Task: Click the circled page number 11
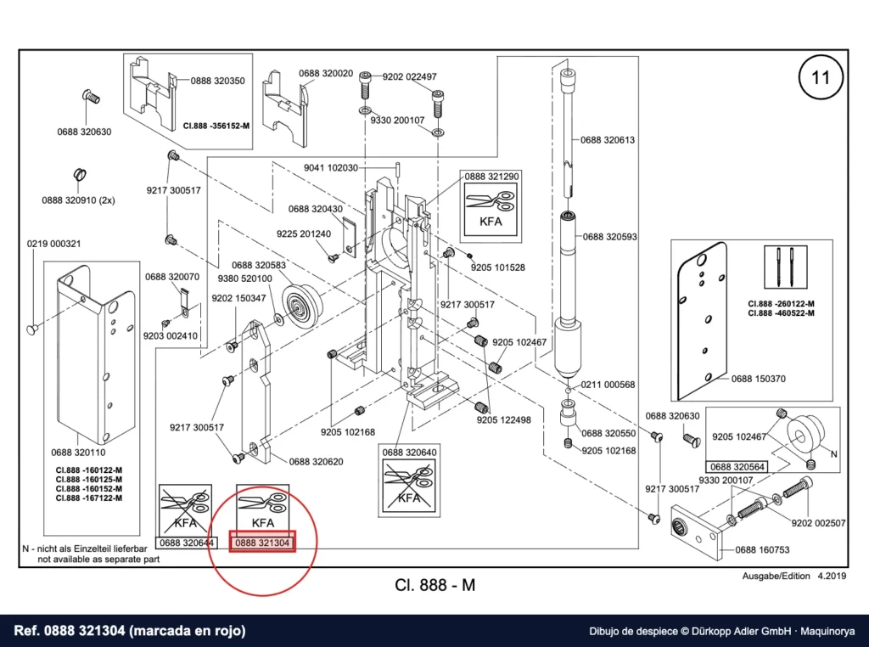point(821,77)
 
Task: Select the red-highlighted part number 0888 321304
point(262,543)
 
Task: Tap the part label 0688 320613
point(608,140)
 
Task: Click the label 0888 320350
point(218,81)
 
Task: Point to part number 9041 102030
point(331,168)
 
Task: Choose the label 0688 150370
point(758,380)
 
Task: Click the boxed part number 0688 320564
point(737,467)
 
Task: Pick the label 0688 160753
point(763,550)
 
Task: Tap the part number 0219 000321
point(53,244)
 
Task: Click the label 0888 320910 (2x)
point(78,200)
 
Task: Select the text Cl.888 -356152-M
point(216,126)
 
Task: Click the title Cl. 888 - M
point(435,585)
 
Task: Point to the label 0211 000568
point(608,385)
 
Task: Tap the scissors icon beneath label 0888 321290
point(491,200)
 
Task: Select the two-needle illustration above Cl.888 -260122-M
point(785,267)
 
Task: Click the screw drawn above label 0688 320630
point(92,98)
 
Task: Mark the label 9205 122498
point(504,420)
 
